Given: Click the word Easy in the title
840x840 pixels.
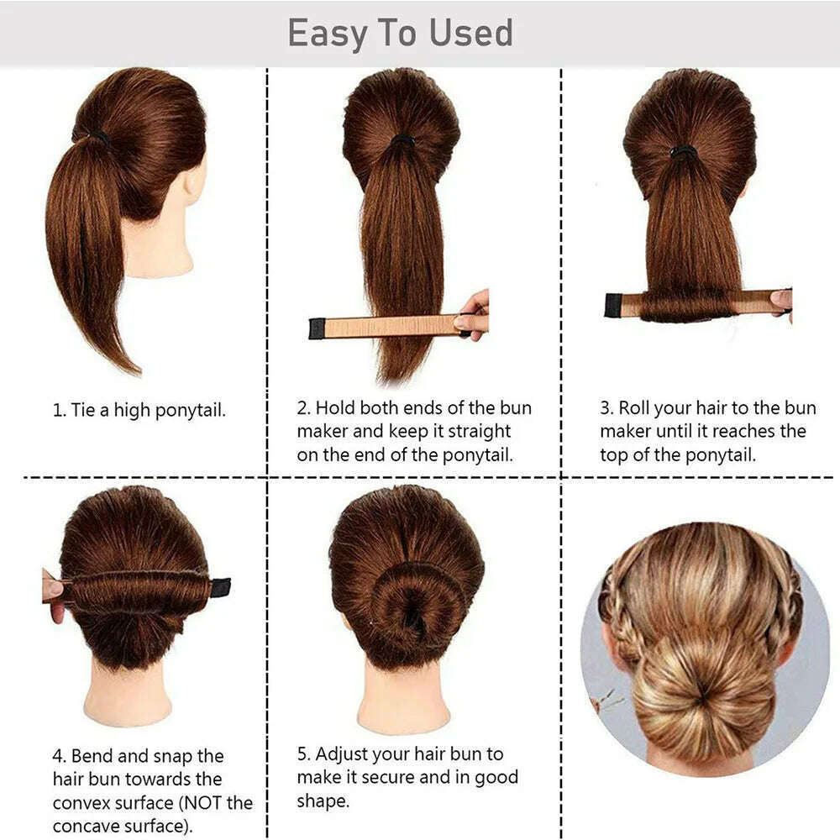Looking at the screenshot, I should click(328, 34).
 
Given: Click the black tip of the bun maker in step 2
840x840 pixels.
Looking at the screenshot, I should click(317, 328).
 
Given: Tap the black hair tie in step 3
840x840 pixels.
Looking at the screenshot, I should click(683, 152).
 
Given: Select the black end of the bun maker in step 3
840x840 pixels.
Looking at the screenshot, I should click(613, 305).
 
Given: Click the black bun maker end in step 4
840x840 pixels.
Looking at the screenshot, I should click(220, 587).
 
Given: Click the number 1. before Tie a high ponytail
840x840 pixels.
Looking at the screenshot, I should click(59, 411).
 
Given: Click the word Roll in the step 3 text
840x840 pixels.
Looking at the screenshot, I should click(634, 409).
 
